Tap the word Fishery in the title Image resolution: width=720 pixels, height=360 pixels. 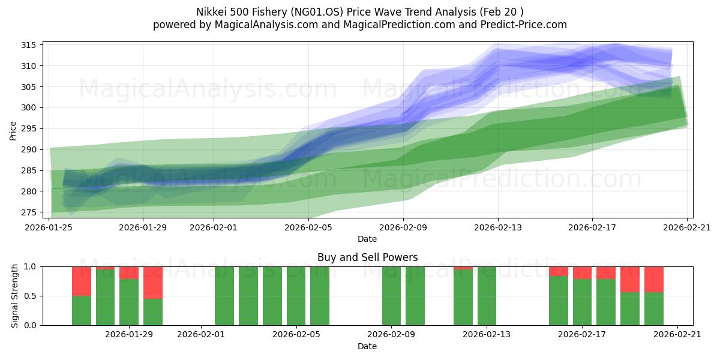323,12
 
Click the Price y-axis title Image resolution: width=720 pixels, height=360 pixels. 13,130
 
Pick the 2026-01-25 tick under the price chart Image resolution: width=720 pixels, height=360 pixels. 49,227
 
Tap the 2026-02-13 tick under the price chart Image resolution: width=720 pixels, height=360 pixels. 497,227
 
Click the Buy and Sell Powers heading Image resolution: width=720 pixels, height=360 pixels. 367,257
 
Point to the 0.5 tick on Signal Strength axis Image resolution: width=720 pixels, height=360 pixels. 30,296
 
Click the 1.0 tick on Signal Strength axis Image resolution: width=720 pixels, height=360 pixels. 30,266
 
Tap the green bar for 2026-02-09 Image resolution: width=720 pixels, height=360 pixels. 391,296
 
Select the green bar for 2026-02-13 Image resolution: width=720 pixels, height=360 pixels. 487,296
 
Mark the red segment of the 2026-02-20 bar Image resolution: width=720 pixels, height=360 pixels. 654,279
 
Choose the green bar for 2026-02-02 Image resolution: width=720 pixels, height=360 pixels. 224,296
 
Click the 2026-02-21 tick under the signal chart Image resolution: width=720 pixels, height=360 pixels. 677,335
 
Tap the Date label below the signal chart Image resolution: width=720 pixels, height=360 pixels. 367,346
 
